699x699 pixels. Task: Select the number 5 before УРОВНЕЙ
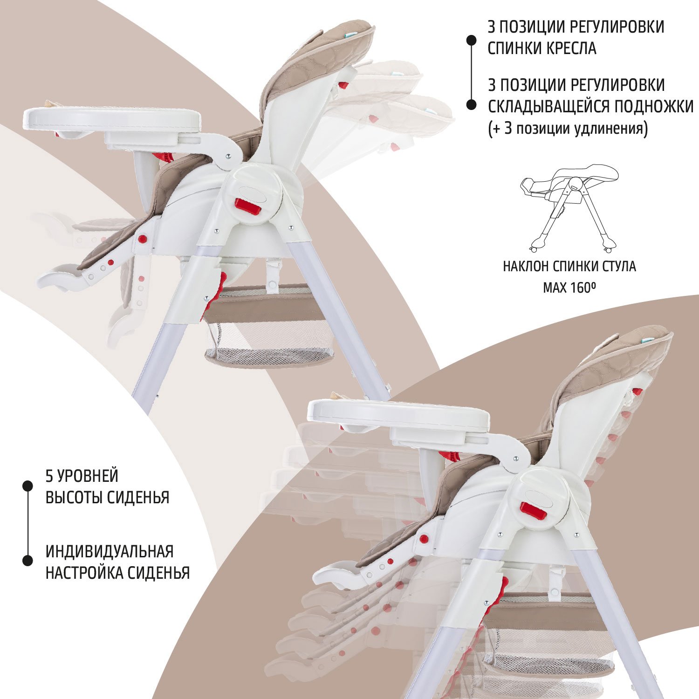(x=49, y=476)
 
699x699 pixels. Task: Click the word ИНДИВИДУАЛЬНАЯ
(x=110, y=551)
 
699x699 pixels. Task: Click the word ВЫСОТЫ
(x=74, y=498)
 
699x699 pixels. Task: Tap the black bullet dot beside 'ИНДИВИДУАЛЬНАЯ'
(x=27, y=561)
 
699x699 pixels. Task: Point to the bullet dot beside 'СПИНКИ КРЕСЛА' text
(x=472, y=41)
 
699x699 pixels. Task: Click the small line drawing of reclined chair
(x=569, y=207)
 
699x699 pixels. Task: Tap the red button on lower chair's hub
(x=534, y=511)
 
